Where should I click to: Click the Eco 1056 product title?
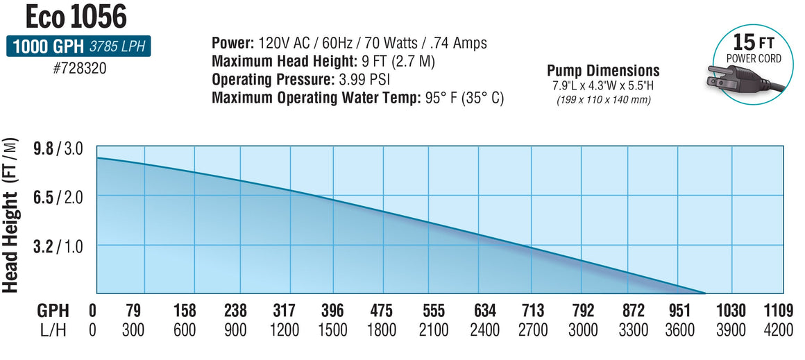tap(67, 16)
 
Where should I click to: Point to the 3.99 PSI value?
tap(368, 79)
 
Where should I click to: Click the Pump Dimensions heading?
tap(602, 71)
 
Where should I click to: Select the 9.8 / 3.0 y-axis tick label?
tap(67, 148)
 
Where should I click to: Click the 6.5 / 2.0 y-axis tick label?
tap(67, 197)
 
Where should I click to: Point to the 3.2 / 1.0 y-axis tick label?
tap(67, 246)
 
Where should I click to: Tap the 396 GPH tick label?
tap(334, 310)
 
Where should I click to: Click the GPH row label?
tap(52, 310)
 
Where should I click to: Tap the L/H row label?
tap(52, 329)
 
